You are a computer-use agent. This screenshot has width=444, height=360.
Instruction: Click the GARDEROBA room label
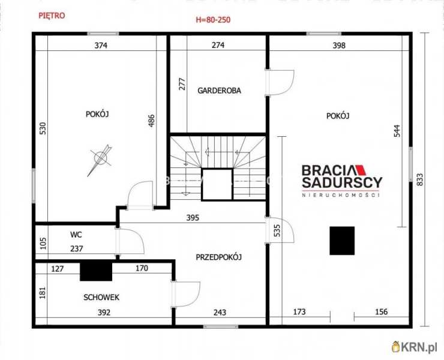click(x=219, y=91)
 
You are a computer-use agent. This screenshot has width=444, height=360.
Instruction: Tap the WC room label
click(x=76, y=235)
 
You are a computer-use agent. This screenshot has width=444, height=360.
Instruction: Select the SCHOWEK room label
click(x=101, y=298)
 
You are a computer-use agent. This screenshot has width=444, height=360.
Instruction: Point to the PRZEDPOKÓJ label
click(x=218, y=257)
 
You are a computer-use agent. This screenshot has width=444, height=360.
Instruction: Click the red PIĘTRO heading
click(x=52, y=15)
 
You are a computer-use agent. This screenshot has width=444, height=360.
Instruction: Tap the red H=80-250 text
click(x=213, y=20)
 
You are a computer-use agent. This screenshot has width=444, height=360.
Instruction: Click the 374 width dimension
click(x=101, y=46)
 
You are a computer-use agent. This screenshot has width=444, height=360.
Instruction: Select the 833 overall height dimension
click(x=420, y=179)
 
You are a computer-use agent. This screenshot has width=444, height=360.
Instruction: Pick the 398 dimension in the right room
click(x=339, y=46)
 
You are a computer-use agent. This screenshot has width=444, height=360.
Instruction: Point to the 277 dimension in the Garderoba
click(x=182, y=84)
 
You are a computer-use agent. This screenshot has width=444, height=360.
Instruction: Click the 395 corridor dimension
click(x=193, y=218)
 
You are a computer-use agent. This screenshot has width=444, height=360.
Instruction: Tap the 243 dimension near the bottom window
click(x=220, y=313)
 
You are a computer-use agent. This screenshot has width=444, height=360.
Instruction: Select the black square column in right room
click(x=342, y=241)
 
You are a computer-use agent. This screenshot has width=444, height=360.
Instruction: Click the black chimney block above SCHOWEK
click(x=96, y=272)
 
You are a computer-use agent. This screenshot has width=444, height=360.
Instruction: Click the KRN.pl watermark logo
click(x=414, y=347)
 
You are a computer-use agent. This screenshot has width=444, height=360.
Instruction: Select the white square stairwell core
click(x=217, y=184)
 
